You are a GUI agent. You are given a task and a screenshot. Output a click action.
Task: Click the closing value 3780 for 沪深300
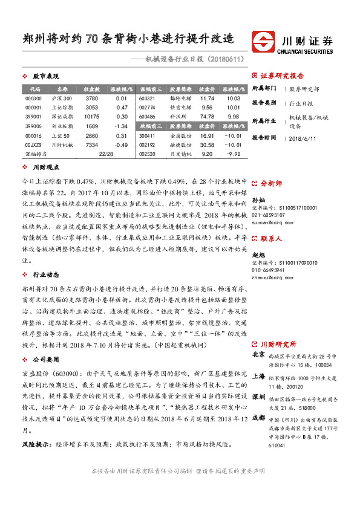tap(92, 98)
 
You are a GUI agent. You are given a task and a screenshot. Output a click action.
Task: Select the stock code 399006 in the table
tap(34, 126)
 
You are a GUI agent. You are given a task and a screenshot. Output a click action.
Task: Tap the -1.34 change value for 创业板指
tap(121, 126)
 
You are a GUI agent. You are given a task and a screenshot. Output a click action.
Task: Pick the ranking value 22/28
tap(106, 154)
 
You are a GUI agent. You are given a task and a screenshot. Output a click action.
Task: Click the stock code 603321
tap(147, 98)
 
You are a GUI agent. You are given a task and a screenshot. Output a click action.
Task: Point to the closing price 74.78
tap(207, 116)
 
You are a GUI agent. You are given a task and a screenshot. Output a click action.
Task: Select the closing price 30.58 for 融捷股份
tap(207, 145)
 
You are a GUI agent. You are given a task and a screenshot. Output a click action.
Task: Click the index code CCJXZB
tap(34, 145)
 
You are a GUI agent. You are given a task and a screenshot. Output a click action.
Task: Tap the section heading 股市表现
tap(45, 77)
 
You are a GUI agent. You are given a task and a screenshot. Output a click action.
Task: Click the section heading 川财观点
tap(45, 167)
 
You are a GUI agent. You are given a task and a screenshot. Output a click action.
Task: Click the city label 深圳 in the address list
tap(258, 380)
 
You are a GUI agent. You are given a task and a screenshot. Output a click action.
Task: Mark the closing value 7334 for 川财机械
tap(92, 145)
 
